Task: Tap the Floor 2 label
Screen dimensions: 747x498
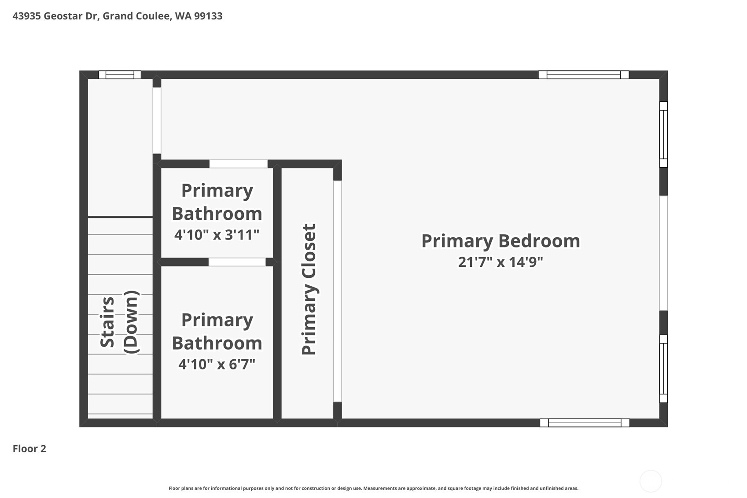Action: pyautogui.click(x=29, y=449)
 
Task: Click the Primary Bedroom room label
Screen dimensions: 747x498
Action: pyautogui.click(x=500, y=241)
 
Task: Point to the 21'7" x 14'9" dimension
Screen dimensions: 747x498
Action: pyautogui.click(x=500, y=262)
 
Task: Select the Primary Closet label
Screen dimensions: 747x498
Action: pyautogui.click(x=309, y=289)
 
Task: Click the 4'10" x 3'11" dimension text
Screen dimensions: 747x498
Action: pyautogui.click(x=217, y=235)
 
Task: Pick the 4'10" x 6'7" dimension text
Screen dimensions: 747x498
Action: pyautogui.click(x=217, y=364)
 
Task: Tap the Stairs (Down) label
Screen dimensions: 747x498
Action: pyautogui.click(x=119, y=322)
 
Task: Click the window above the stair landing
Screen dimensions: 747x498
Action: pyautogui.click(x=120, y=75)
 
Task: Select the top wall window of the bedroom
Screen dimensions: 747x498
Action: pyautogui.click(x=584, y=75)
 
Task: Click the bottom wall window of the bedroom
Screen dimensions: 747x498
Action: pyautogui.click(x=585, y=423)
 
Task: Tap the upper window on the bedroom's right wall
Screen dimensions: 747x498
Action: pyautogui.click(x=664, y=134)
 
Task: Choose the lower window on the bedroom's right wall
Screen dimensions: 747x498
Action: pyautogui.click(x=664, y=369)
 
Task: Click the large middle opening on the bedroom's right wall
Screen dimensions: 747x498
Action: pyautogui.click(x=664, y=253)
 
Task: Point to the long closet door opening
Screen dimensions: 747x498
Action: pyautogui.click(x=338, y=291)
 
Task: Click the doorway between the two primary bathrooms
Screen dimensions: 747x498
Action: pyautogui.click(x=237, y=262)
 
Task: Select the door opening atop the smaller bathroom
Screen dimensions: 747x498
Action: pyautogui.click(x=239, y=164)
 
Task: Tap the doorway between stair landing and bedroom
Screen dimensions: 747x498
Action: pyautogui.click(x=157, y=120)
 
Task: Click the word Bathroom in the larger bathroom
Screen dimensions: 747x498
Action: pyautogui.click(x=217, y=343)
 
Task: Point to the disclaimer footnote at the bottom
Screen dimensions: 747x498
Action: pyautogui.click(x=373, y=488)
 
